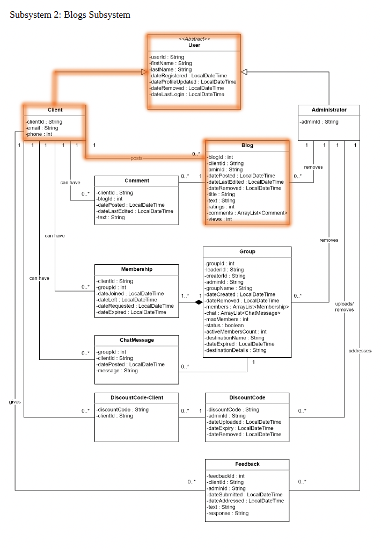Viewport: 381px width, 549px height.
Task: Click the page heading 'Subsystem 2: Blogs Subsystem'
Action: (x=70, y=15)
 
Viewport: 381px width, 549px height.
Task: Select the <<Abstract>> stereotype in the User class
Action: (x=194, y=39)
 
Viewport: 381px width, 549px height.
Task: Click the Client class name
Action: (x=55, y=110)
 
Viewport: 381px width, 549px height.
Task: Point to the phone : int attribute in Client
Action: (x=39, y=134)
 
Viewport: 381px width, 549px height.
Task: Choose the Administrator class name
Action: (x=328, y=110)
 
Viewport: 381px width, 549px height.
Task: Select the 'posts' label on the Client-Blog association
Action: (x=136, y=158)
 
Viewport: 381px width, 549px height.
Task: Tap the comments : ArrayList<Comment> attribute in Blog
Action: (x=247, y=213)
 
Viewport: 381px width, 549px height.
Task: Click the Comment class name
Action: (x=136, y=180)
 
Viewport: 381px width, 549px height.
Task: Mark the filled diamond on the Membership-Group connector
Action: (x=199, y=302)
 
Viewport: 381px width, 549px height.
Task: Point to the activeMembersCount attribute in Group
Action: (x=236, y=331)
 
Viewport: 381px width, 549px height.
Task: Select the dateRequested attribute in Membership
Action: (x=135, y=306)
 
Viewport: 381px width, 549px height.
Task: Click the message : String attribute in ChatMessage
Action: (x=117, y=371)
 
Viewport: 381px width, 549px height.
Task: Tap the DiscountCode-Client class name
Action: (x=136, y=398)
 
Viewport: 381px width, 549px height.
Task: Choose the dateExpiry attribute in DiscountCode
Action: (x=240, y=428)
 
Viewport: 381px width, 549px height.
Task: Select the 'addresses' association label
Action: (x=360, y=351)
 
